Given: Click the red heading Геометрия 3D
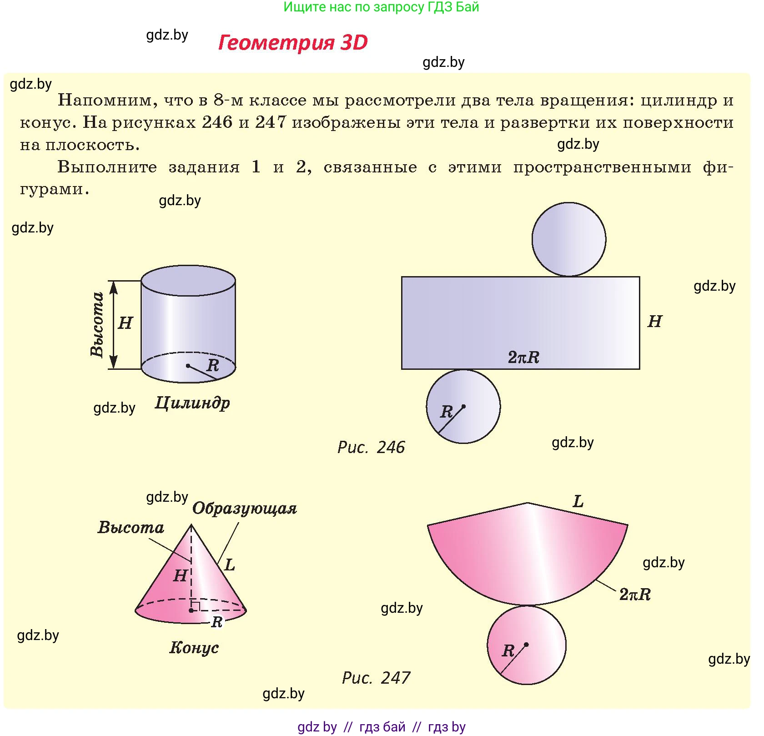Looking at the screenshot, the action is coord(293,42).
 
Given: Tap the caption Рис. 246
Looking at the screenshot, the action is coord(371,447).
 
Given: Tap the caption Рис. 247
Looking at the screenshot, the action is coord(376,678).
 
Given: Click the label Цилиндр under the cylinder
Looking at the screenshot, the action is coord(192,403).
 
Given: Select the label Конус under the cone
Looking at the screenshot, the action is coord(194,647).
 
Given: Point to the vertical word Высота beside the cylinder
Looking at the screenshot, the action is coord(97,324).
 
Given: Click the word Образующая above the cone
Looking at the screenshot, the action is coord(245,509).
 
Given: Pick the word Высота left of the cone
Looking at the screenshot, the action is coord(131,527).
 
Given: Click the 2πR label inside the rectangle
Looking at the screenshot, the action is coord(523,358).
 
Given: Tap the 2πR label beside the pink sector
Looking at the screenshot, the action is coord(635,594).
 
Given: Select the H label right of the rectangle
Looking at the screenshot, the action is coord(655,322).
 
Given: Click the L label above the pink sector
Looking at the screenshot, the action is coord(578,502).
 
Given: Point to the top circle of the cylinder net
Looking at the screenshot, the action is coord(569,239).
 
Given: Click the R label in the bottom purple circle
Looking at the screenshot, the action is coord(446,412).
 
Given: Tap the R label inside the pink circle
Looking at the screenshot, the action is coord(508,651).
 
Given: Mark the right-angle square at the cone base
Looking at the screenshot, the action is coord(196,606).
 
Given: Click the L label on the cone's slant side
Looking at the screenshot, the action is coord(230,565).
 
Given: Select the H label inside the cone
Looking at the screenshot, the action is coord(181,576).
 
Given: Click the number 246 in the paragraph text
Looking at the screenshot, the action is coord(217,122).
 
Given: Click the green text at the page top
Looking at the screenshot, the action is coord(381,7).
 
